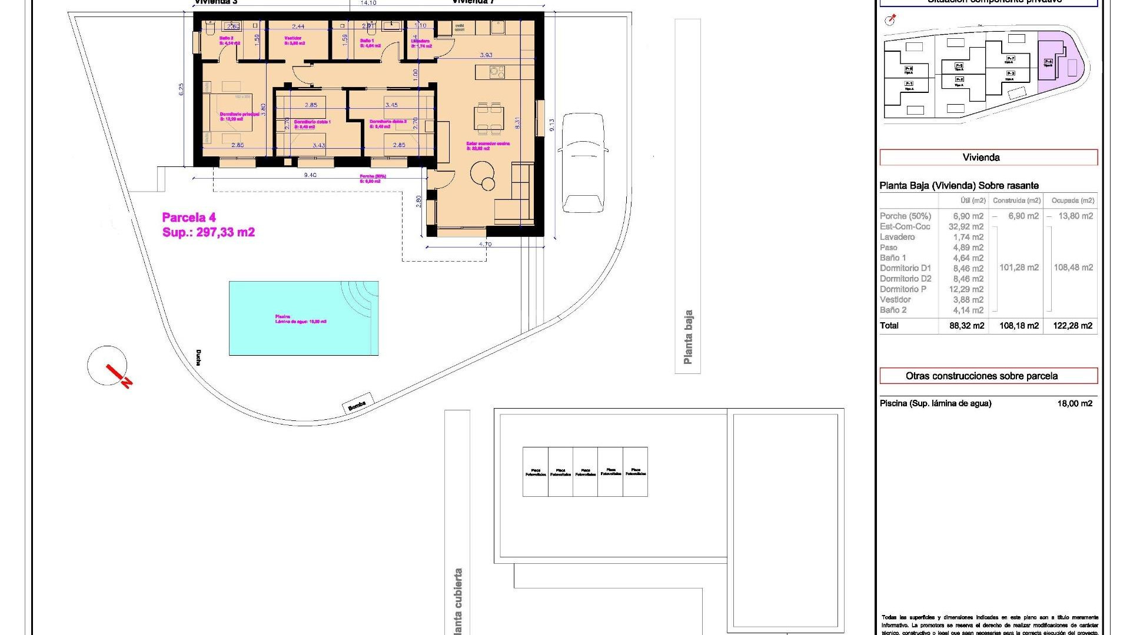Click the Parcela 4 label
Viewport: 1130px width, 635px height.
click(x=189, y=218)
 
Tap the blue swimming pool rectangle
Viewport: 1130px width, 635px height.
click(x=303, y=318)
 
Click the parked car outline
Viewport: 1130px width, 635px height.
click(x=583, y=163)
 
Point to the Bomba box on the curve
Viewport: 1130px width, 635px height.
click(x=357, y=403)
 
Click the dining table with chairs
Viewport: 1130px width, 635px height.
click(x=489, y=118)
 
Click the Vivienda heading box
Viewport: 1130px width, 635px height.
click(x=988, y=158)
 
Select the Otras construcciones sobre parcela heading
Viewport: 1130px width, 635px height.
click(x=988, y=376)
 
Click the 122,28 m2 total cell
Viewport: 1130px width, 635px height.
click(x=1072, y=326)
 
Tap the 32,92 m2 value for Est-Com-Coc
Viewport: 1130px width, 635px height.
click(x=966, y=227)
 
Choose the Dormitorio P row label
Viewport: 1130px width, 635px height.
click(x=903, y=289)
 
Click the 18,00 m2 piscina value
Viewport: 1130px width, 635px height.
click(x=1074, y=404)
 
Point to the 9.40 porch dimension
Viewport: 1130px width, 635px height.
click(x=310, y=175)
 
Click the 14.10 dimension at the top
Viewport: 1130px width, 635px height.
click(x=368, y=3)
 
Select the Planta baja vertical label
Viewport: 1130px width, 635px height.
click(x=687, y=337)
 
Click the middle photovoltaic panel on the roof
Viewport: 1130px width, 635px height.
click(x=585, y=472)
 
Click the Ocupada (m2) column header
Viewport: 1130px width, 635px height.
click(x=1072, y=201)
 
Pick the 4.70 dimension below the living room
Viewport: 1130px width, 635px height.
click(x=485, y=244)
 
